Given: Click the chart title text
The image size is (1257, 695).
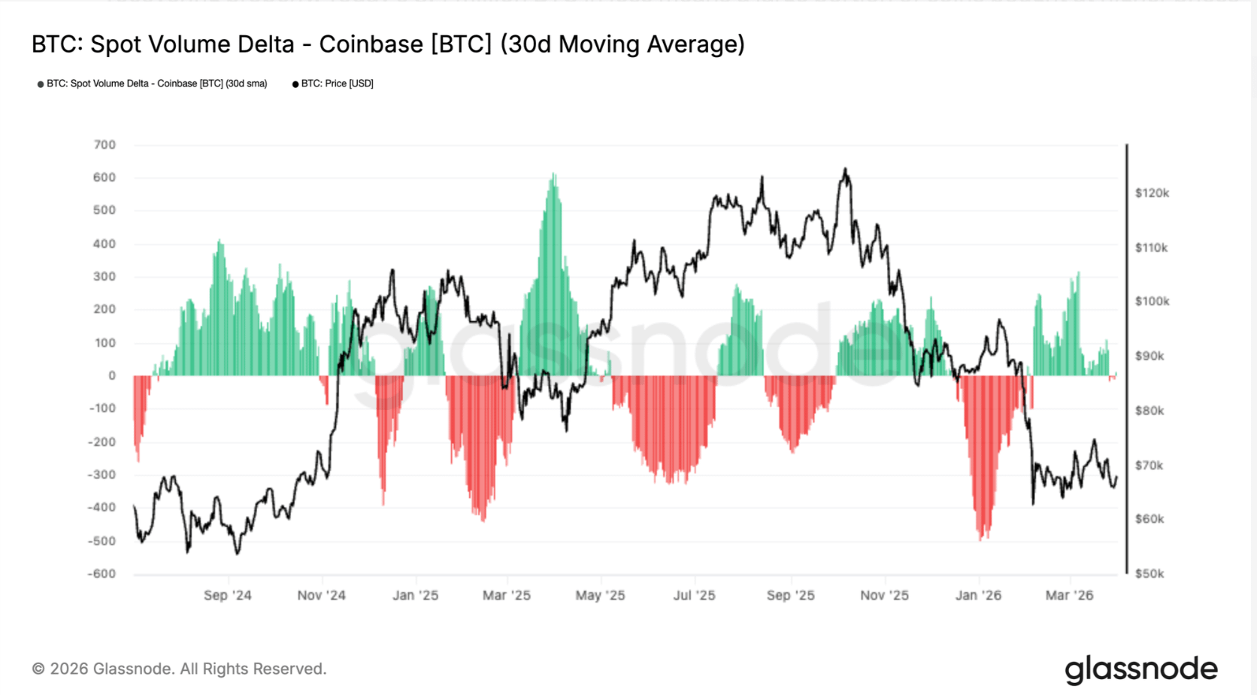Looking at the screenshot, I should [388, 44].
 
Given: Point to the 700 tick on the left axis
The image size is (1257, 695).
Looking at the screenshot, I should [104, 144].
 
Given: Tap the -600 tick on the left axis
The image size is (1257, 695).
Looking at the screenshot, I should [101, 574].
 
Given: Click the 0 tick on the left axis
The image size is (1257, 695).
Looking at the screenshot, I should [112, 375].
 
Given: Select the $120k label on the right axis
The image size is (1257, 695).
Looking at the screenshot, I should [1152, 193].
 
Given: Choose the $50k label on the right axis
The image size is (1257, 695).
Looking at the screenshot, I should [1149, 574].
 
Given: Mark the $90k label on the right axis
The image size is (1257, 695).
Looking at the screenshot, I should [1149, 356].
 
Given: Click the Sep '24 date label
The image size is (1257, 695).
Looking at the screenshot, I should [227, 596].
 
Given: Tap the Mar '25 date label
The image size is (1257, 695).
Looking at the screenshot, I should [506, 596].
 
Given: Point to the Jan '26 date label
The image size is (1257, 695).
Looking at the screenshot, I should [978, 596].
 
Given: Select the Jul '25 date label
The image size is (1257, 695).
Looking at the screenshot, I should [694, 596].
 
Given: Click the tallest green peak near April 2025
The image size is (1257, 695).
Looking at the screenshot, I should [553, 175].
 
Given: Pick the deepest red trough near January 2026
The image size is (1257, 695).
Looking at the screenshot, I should [981, 539].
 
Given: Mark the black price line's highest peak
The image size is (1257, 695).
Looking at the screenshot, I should [845, 169].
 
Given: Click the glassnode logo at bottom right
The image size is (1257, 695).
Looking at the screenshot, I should [1140, 669].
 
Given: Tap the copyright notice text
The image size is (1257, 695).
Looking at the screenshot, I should [179, 669].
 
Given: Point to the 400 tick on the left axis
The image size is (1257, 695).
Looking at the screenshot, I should [104, 244].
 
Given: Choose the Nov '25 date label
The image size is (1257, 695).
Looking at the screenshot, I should [884, 596].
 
